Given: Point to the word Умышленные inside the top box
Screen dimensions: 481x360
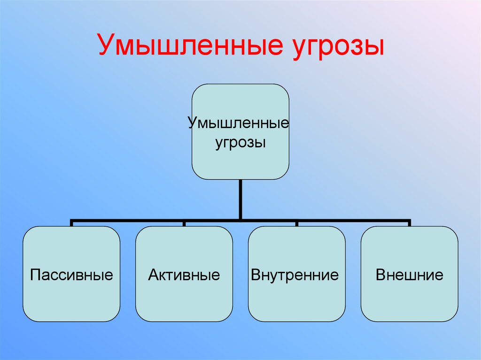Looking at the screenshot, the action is [x=238, y=124].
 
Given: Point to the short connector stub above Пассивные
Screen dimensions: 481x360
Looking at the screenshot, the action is [x=71, y=223].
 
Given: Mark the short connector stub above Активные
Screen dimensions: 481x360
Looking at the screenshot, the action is [x=184, y=223].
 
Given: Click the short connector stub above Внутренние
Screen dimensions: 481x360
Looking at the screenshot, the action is [x=296, y=223].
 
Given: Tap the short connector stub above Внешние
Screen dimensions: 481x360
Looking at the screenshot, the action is [x=409, y=223].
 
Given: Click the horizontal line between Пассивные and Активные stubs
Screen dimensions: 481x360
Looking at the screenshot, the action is [x=128, y=219].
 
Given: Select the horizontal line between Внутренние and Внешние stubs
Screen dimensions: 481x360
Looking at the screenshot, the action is [x=353, y=219].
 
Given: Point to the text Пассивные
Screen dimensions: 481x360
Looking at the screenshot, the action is [x=71, y=275].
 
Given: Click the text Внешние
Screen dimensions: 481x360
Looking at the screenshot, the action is [x=409, y=275].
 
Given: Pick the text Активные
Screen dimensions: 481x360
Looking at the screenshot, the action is [x=184, y=275].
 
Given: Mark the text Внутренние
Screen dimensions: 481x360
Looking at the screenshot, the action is [x=295, y=275].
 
